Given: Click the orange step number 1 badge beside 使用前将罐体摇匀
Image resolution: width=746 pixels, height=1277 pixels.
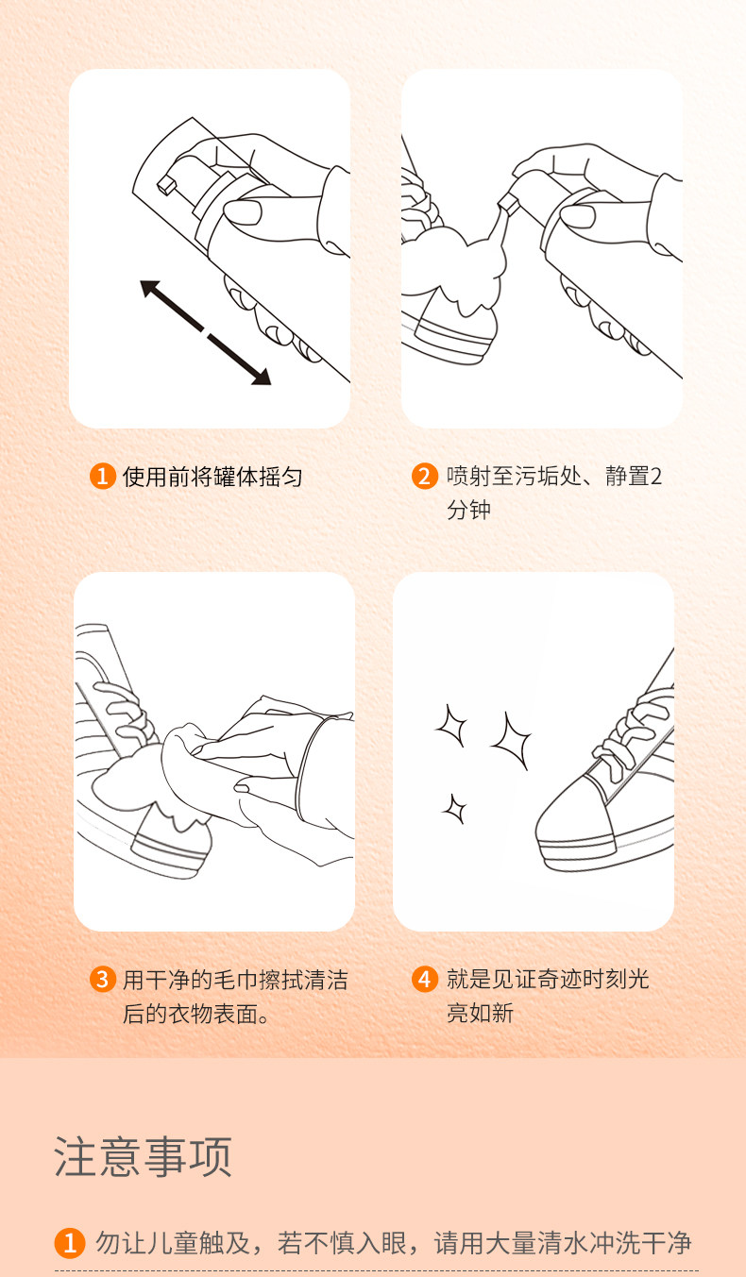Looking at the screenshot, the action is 103,476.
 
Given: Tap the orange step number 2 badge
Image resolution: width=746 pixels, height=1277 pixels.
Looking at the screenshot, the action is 425,476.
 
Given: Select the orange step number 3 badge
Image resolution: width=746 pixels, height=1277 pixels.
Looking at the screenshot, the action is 103,980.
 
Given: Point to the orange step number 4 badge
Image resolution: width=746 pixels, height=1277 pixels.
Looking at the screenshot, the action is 425,980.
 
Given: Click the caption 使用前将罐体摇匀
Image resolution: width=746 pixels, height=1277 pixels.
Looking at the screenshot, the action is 212,477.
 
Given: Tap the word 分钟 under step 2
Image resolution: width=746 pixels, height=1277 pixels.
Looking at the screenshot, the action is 468,510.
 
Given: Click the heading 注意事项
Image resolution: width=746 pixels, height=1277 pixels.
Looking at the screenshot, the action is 143,1156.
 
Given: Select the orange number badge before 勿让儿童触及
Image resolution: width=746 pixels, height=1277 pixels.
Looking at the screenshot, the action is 70,1243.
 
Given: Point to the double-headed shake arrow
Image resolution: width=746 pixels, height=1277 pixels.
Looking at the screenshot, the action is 205,332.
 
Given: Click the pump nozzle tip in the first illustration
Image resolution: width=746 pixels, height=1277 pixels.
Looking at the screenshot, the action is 166,183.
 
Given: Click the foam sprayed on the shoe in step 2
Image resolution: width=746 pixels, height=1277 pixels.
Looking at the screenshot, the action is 456,268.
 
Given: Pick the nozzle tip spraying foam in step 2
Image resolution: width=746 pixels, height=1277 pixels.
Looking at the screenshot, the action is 508,203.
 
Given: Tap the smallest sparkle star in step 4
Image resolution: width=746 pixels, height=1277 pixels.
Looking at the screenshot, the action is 454,808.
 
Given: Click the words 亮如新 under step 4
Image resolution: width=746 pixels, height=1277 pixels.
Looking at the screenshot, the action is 480,1013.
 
